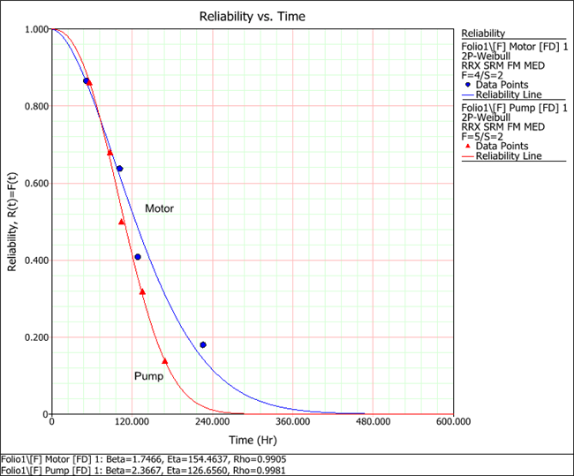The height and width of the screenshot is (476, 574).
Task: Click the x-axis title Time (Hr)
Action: pyautogui.click(x=253, y=438)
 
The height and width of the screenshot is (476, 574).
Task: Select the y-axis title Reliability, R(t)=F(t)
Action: pyautogui.click(x=12, y=223)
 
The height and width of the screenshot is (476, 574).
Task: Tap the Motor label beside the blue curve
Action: pyautogui.click(x=159, y=209)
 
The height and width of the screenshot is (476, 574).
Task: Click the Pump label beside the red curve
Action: pyautogui.click(x=147, y=376)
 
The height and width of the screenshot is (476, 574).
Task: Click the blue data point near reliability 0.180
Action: pyautogui.click(x=203, y=345)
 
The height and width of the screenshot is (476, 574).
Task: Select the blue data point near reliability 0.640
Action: pyautogui.click(x=119, y=169)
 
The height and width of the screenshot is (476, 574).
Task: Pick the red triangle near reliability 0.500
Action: pyautogui.click(x=122, y=222)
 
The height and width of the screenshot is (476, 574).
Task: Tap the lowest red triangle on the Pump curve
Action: pyautogui.click(x=165, y=361)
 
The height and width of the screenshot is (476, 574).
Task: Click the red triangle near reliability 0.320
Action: pyautogui.click(x=142, y=291)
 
